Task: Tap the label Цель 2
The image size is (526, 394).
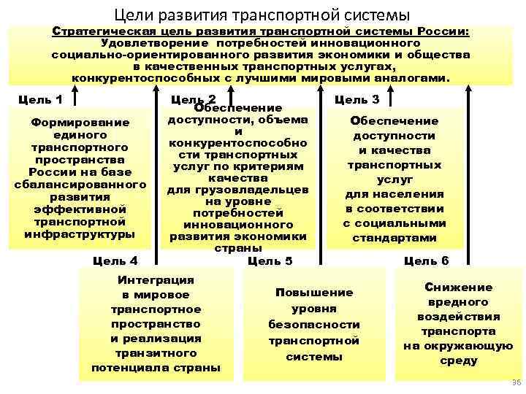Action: click(192, 98)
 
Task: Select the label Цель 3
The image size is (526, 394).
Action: click(356, 98)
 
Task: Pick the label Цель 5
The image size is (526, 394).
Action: click(270, 260)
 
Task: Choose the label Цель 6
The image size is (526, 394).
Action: click(426, 260)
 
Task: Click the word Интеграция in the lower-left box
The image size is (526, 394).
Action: click(156, 279)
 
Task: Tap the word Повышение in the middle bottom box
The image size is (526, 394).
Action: click(314, 292)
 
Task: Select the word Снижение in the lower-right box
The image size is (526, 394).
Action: click(458, 287)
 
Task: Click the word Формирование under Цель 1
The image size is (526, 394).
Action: click(80, 122)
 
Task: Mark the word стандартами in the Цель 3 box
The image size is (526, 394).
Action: click(394, 238)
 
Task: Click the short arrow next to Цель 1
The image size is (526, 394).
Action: click(76, 98)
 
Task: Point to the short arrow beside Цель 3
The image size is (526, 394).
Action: click(392, 98)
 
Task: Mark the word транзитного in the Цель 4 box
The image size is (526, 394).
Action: click(156, 353)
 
